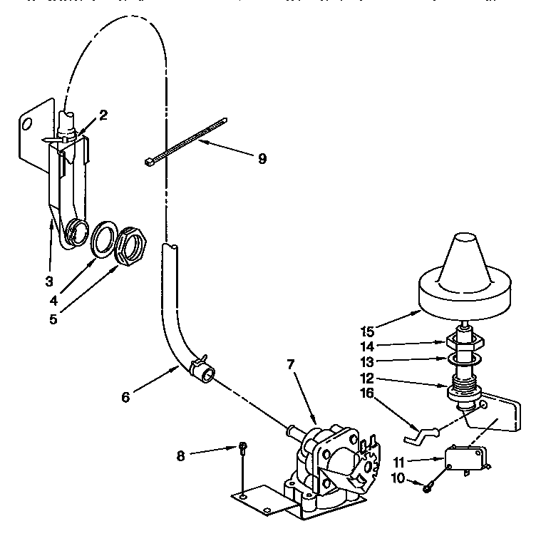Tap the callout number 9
pos(262,158)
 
